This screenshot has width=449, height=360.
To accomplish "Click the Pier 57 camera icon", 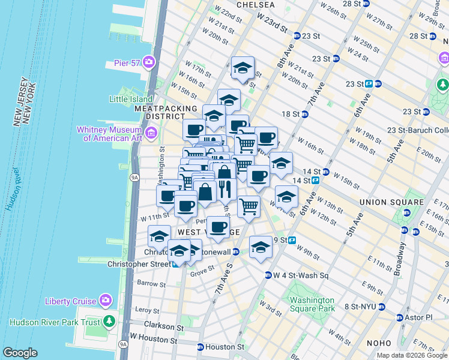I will point(148,62).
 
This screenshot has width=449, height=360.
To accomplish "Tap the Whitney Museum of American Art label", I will point(112,134).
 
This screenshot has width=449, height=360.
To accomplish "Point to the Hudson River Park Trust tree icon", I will point(109,321).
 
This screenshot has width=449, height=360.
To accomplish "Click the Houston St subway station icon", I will point(200,347).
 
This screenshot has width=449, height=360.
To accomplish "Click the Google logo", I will point(20,353).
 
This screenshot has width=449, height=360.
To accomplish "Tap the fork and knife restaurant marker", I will point(226,190).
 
